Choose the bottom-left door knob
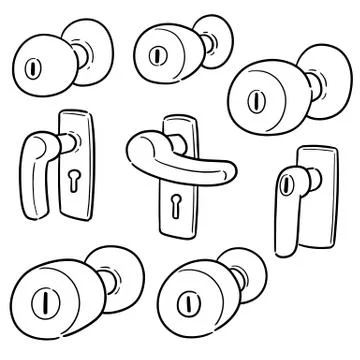pos(55,296)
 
